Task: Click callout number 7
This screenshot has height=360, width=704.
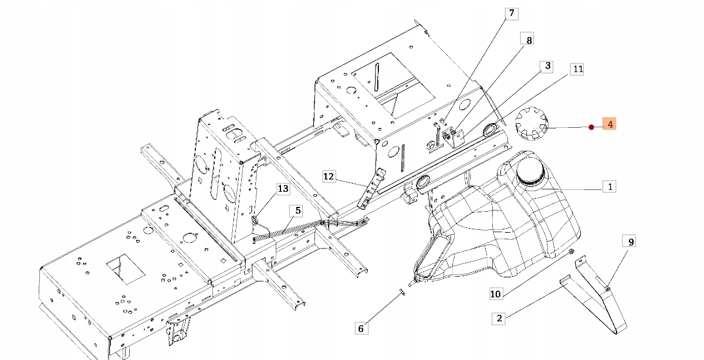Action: pos(510,13)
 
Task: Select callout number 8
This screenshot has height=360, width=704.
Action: pos(529,40)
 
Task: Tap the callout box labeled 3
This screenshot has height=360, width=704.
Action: pos(547,66)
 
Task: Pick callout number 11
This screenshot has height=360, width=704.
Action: pos(578,69)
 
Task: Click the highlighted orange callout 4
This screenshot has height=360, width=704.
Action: pos(610,124)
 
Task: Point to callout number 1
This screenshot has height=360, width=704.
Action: pos(610,187)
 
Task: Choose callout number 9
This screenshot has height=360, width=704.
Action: pos(631,241)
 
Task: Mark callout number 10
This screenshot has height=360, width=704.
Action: pos(496,293)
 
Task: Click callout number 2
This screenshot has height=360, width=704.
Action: pos(499,318)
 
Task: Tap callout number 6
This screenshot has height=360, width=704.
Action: pos(361,328)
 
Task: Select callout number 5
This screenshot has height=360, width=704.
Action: pos(297,210)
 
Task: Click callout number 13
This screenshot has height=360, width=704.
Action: pos(283,188)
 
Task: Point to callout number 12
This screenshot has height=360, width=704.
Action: pos(329,176)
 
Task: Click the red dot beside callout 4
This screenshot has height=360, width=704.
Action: pos(591,127)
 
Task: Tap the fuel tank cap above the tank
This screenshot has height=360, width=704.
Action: pos(531,123)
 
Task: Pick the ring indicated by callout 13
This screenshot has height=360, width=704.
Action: pos(255,220)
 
